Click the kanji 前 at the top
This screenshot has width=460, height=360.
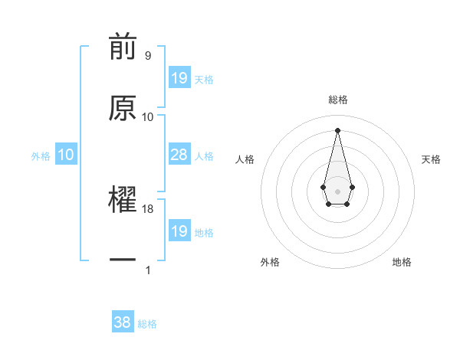[123, 47]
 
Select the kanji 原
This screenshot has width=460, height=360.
[123, 108]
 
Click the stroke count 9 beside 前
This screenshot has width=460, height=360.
[147, 56]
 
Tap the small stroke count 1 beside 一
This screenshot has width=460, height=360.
[148, 270]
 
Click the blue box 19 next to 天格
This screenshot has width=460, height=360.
[179, 78]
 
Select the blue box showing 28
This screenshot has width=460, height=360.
[179, 155]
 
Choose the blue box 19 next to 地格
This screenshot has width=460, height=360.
[179, 231]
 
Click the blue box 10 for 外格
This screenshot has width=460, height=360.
[66, 155]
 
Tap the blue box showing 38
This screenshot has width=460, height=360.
[123, 322]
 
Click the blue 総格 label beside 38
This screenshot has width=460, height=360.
[147, 324]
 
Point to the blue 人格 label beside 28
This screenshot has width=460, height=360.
[204, 156]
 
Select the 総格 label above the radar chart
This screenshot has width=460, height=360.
[338, 100]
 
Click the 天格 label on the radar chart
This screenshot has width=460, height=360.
[432, 159]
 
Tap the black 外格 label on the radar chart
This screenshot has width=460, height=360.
[270, 262]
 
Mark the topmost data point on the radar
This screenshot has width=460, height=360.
[337, 129]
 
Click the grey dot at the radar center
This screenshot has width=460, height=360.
[337, 190]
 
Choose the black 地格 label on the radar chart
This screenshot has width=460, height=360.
[402, 262]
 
